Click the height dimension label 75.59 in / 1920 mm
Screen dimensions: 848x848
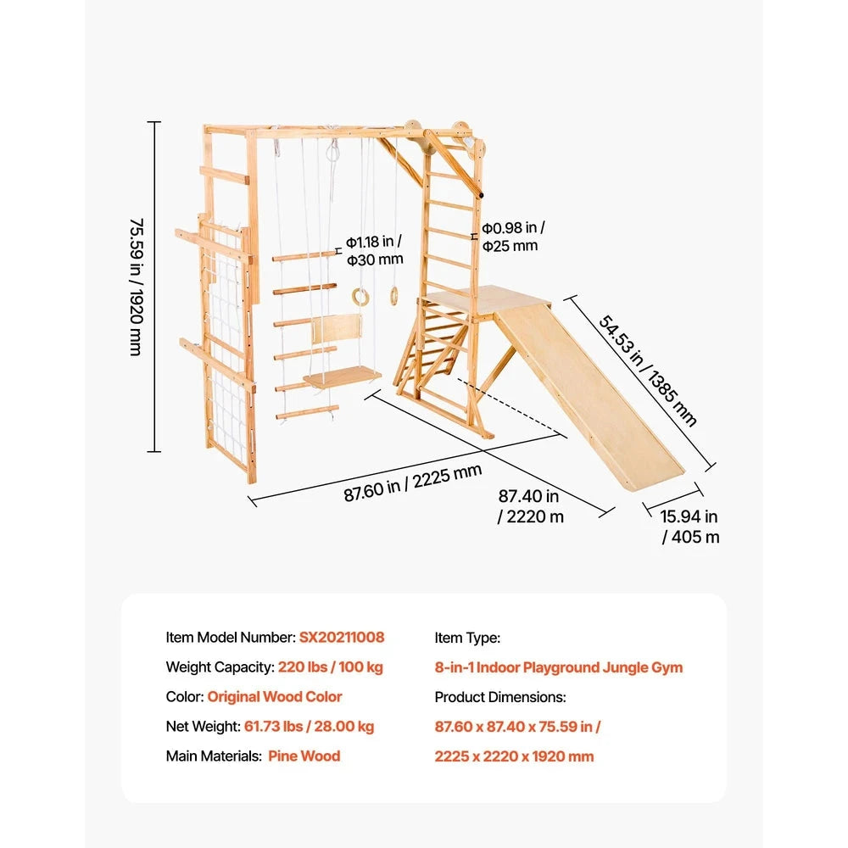tap(137, 287)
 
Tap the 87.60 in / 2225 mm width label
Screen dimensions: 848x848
tap(413, 483)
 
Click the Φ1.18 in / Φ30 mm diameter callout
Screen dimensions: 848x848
tap(375, 250)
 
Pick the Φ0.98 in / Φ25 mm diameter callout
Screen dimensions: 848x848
tap(513, 237)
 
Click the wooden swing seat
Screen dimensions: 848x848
tap(343, 377)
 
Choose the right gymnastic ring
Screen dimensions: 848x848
tap(393, 296)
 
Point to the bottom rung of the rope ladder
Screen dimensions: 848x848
tap(307, 413)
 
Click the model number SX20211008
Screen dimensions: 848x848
tap(342, 637)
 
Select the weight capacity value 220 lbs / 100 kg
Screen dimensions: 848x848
tap(331, 667)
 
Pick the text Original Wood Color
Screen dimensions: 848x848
tap(275, 696)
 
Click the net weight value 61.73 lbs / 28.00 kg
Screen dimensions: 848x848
tap(309, 727)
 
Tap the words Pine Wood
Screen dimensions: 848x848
tap(304, 756)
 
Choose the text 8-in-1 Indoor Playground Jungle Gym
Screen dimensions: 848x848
tap(559, 667)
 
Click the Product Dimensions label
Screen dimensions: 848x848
tap(500, 697)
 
